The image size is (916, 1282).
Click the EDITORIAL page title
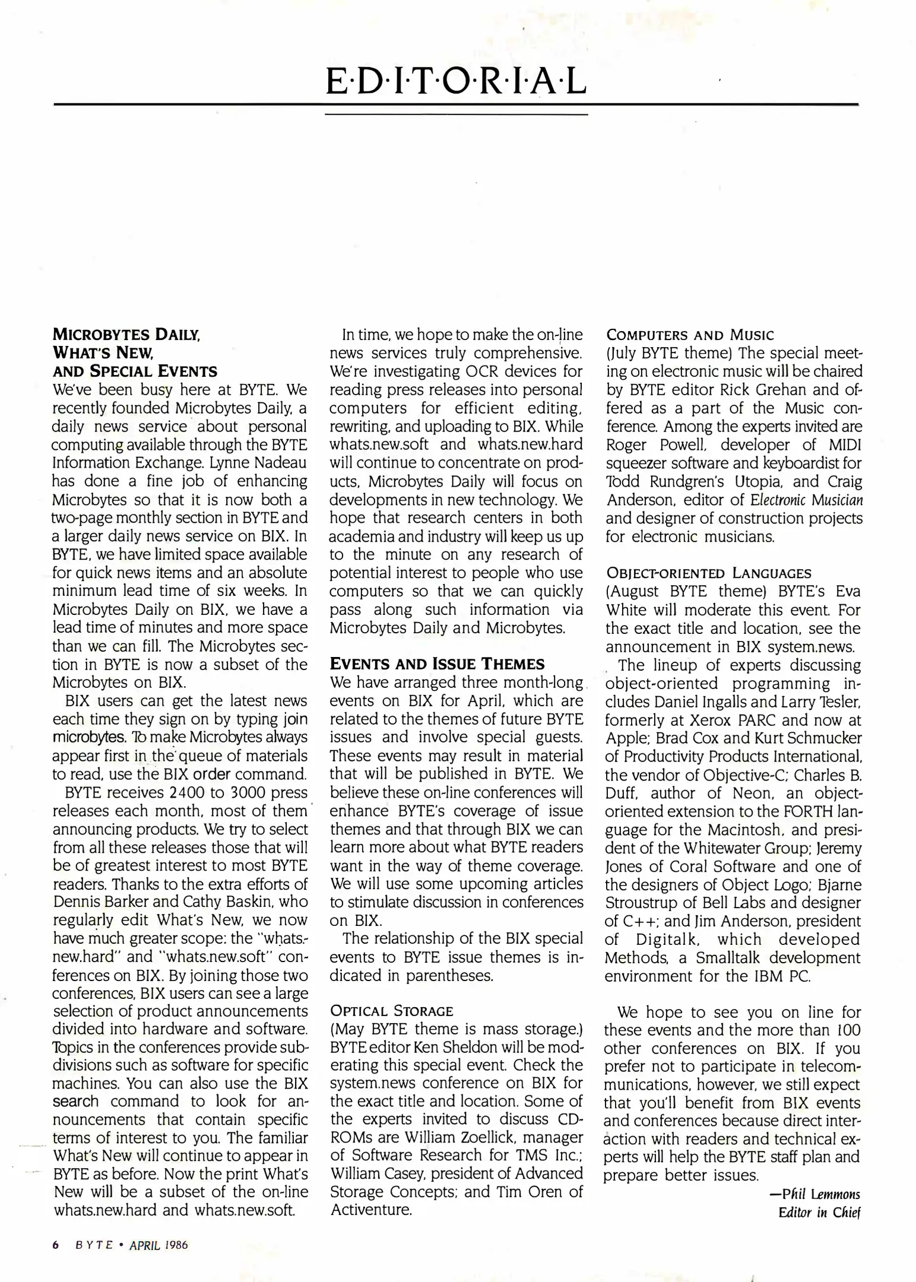pyautogui.click(x=456, y=82)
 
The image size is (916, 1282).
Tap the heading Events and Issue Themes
pyautogui.click(x=437, y=664)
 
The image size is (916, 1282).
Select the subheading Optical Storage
pyautogui.click(x=391, y=1011)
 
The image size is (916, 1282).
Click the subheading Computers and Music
pyautogui.click(x=690, y=335)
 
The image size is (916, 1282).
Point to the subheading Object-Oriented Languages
pyautogui.click(x=708, y=573)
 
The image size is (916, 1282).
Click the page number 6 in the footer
pyautogui.click(x=56, y=1245)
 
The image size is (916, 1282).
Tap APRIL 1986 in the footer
pyautogui.click(x=159, y=1245)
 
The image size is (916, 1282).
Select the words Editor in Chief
pyautogui.click(x=819, y=1213)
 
